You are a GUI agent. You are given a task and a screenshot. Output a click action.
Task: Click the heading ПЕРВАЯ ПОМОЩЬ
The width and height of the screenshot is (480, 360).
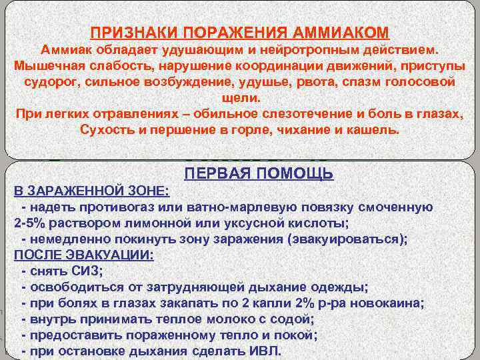(x=259, y=175)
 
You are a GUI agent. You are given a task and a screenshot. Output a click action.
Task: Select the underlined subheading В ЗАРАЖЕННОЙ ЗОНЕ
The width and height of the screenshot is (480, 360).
(x=92, y=192)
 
